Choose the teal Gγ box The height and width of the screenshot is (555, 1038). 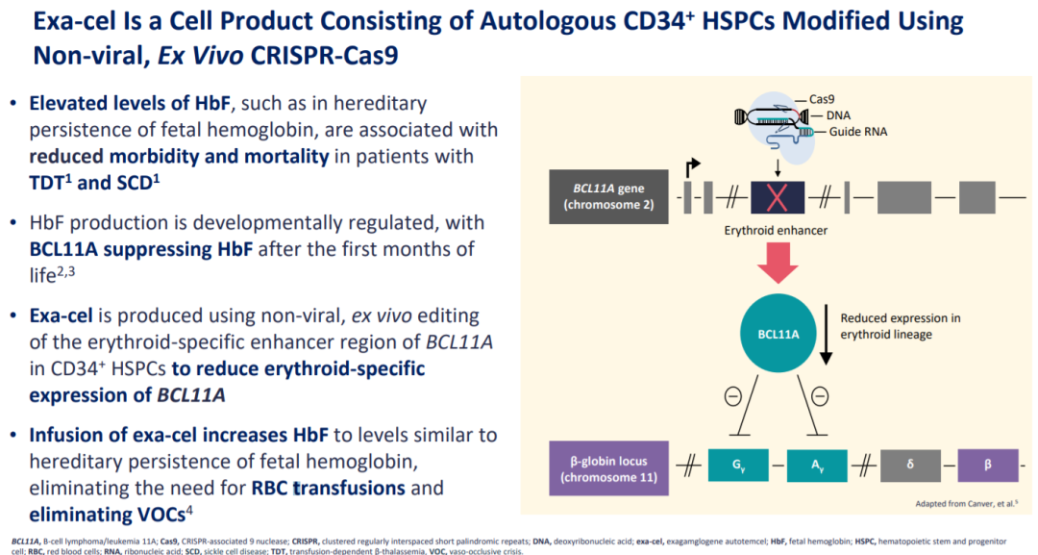(x=736, y=466)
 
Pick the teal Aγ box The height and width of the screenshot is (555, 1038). (x=816, y=466)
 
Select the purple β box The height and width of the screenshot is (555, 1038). (x=988, y=466)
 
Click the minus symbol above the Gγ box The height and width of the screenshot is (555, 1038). (x=734, y=394)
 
